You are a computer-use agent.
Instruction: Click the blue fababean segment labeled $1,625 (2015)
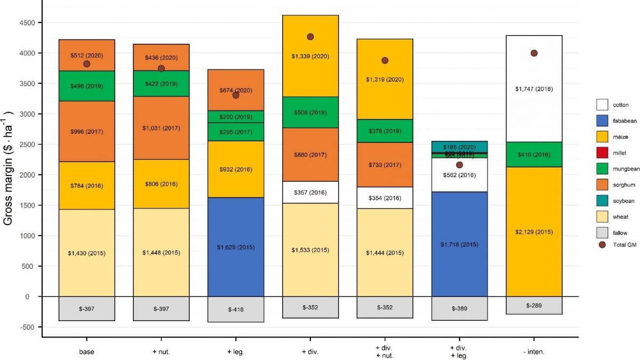[x=236, y=247]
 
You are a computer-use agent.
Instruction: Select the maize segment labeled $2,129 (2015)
[x=534, y=231]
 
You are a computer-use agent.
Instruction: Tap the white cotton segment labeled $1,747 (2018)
[x=534, y=89]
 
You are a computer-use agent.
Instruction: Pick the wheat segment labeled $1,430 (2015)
[x=86, y=253]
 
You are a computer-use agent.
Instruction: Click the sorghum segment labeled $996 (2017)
[x=86, y=131]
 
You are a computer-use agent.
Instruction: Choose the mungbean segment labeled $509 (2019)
[x=310, y=113]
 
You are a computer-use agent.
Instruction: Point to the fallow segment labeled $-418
[x=236, y=309]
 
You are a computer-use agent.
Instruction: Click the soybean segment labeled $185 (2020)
[x=459, y=146]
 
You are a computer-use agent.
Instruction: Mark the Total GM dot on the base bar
[x=86, y=64]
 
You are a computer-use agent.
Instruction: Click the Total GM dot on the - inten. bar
[x=534, y=53]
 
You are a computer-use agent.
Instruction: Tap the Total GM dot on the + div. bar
[x=310, y=37]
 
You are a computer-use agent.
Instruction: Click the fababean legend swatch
[x=603, y=121]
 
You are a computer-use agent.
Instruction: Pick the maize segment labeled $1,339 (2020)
[x=310, y=56]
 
